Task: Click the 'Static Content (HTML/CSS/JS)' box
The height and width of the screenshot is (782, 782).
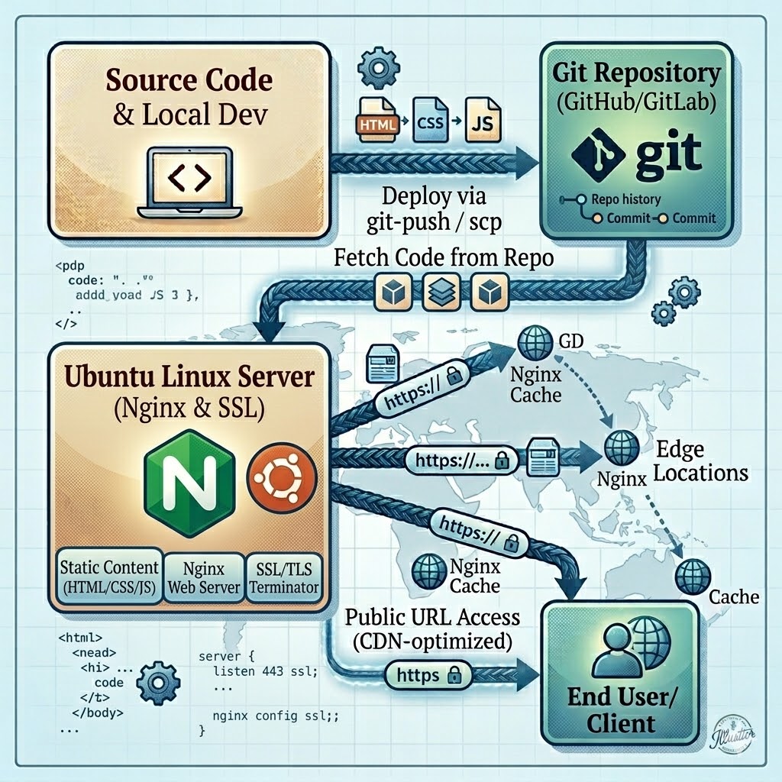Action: click(111, 577)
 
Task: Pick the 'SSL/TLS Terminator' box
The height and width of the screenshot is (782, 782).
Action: click(283, 577)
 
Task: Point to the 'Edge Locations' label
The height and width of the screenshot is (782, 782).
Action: click(700, 460)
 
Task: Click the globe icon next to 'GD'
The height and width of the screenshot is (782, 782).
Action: click(532, 344)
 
